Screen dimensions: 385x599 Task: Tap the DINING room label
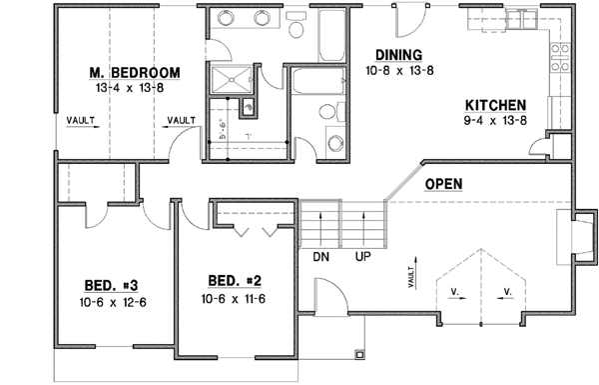(398, 55)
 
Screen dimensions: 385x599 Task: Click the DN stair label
(320, 256)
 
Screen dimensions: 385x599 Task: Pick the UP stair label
(364, 256)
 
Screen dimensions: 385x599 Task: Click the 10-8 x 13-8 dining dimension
(398, 71)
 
